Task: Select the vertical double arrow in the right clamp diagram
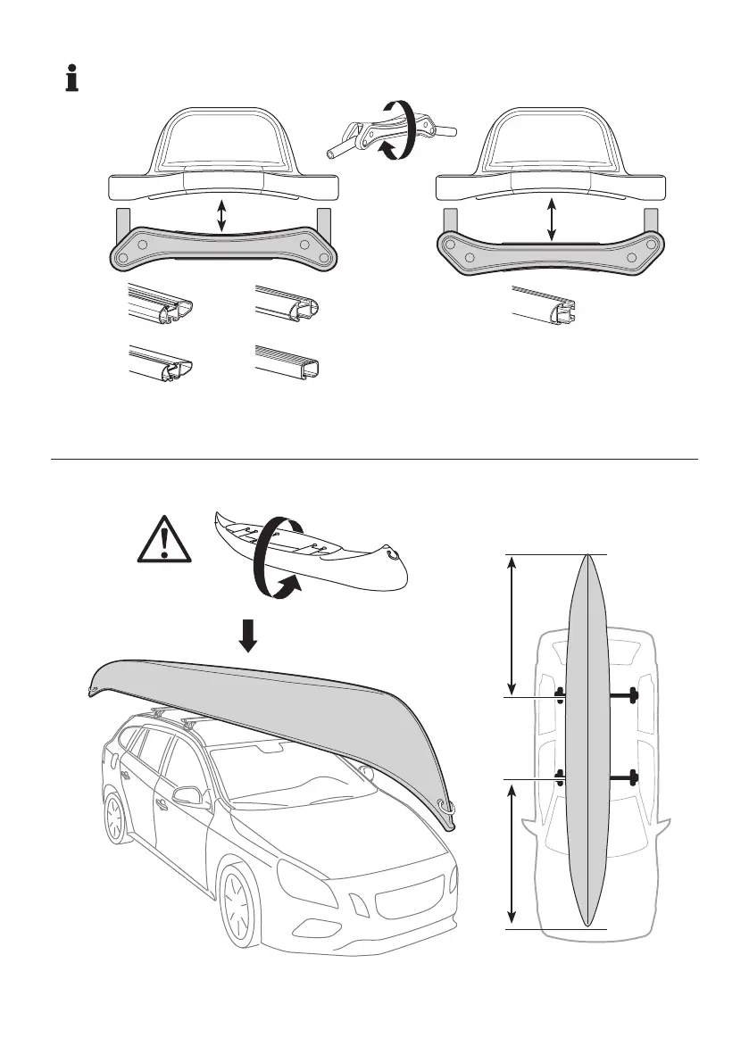[x=552, y=220]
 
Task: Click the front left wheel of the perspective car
[x=239, y=901]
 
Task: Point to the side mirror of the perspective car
[x=189, y=795]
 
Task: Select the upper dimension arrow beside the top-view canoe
[x=512, y=624]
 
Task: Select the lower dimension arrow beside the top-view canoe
[x=512, y=852]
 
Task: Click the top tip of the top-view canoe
[x=587, y=557]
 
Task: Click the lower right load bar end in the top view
[x=635, y=777]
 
